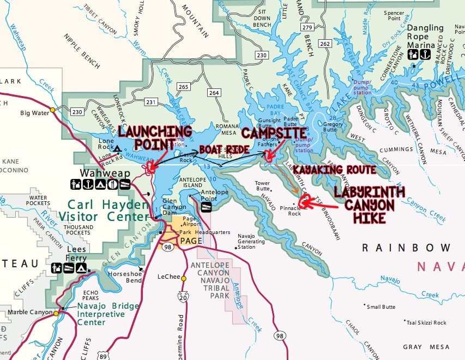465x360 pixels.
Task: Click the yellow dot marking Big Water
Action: click(x=53, y=110)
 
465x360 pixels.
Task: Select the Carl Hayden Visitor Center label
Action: click(x=110, y=211)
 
